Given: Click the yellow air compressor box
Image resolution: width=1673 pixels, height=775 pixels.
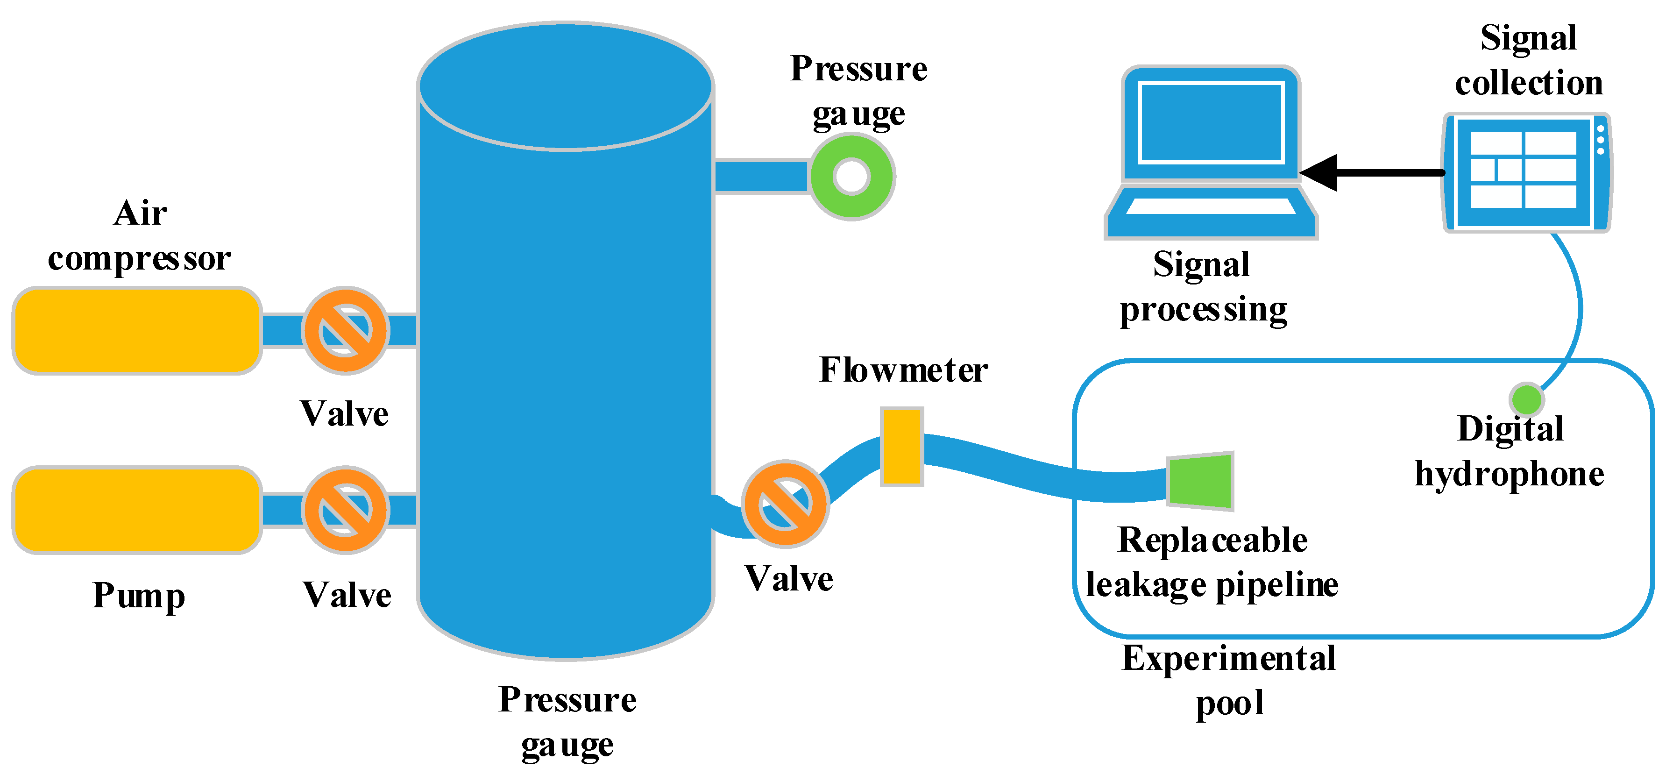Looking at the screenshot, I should pyautogui.click(x=136, y=331).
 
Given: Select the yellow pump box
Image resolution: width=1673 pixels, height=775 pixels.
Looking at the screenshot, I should pyautogui.click(x=136, y=510).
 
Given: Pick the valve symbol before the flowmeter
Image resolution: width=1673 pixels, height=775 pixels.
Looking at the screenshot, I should pyautogui.click(x=785, y=504).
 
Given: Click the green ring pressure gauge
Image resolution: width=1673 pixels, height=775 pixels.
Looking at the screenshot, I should pyautogui.click(x=851, y=176).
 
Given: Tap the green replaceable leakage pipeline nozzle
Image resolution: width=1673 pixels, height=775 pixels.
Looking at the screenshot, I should pyautogui.click(x=1200, y=481).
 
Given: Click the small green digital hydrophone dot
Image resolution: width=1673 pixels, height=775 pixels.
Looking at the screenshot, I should pyautogui.click(x=1526, y=399).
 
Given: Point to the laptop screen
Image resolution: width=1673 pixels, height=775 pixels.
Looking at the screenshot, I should pyautogui.click(x=1211, y=123).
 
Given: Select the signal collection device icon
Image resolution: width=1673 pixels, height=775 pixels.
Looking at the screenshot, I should pyautogui.click(x=1526, y=172).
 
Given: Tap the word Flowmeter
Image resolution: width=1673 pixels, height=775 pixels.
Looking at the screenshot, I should pyautogui.click(x=903, y=370).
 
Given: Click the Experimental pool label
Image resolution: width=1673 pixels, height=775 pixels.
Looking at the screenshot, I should pyautogui.click(x=1229, y=680).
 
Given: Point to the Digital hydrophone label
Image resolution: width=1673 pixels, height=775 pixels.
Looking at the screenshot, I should pyautogui.click(x=1510, y=451).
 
